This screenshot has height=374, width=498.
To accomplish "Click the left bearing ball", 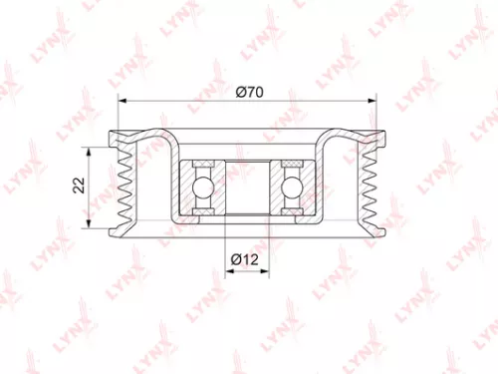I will [202, 186].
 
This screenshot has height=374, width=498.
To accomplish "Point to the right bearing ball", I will [292, 186].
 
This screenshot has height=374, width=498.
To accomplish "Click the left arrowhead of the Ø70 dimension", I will [123, 102].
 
